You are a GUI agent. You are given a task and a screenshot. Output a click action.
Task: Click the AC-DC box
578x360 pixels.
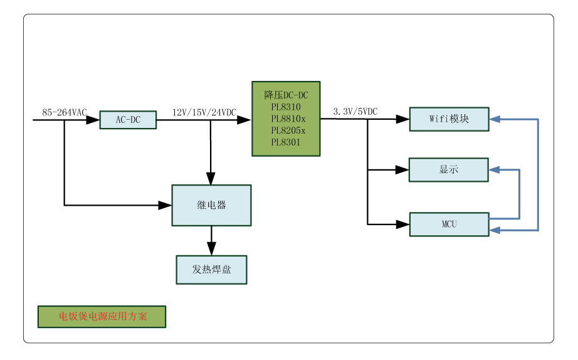pyautogui.click(x=128, y=119)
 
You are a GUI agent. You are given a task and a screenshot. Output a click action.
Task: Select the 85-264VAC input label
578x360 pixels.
pyautogui.click(x=65, y=112)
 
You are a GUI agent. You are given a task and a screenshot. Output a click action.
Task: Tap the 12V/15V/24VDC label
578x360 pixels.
pyautogui.click(x=204, y=112)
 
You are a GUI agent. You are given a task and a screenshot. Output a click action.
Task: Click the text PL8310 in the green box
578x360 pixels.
pyautogui.click(x=286, y=107)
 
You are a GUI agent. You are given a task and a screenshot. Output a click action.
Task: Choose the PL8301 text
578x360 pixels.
pyautogui.click(x=286, y=142)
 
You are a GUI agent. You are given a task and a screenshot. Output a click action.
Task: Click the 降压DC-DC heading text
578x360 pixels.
pyautogui.click(x=286, y=95)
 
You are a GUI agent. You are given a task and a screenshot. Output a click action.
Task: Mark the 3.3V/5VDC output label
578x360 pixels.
pyautogui.click(x=355, y=111)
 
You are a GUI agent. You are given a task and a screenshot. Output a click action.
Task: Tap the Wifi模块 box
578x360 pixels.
pyautogui.click(x=449, y=119)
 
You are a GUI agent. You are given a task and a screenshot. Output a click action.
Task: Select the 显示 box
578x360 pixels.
pyautogui.click(x=448, y=170)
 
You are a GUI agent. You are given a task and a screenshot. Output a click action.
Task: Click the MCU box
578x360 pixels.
pyautogui.click(x=449, y=225)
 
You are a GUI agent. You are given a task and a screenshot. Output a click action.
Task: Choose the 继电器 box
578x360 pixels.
pyautogui.click(x=211, y=205)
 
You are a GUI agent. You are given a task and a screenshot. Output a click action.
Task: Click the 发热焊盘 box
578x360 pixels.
pyautogui.click(x=211, y=270)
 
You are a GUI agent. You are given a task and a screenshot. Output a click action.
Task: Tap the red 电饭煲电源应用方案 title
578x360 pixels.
pyautogui.click(x=102, y=317)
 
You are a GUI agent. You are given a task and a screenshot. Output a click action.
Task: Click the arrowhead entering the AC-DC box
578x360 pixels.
pyautogui.click(x=93, y=119)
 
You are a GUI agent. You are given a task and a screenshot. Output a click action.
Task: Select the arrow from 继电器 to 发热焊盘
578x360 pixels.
pyautogui.click(x=211, y=240)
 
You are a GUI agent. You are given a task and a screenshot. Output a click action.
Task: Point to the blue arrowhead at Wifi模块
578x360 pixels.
pyautogui.click(x=495, y=119)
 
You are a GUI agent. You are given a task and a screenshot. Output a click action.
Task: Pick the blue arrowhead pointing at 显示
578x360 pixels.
pyautogui.click(x=495, y=169)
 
